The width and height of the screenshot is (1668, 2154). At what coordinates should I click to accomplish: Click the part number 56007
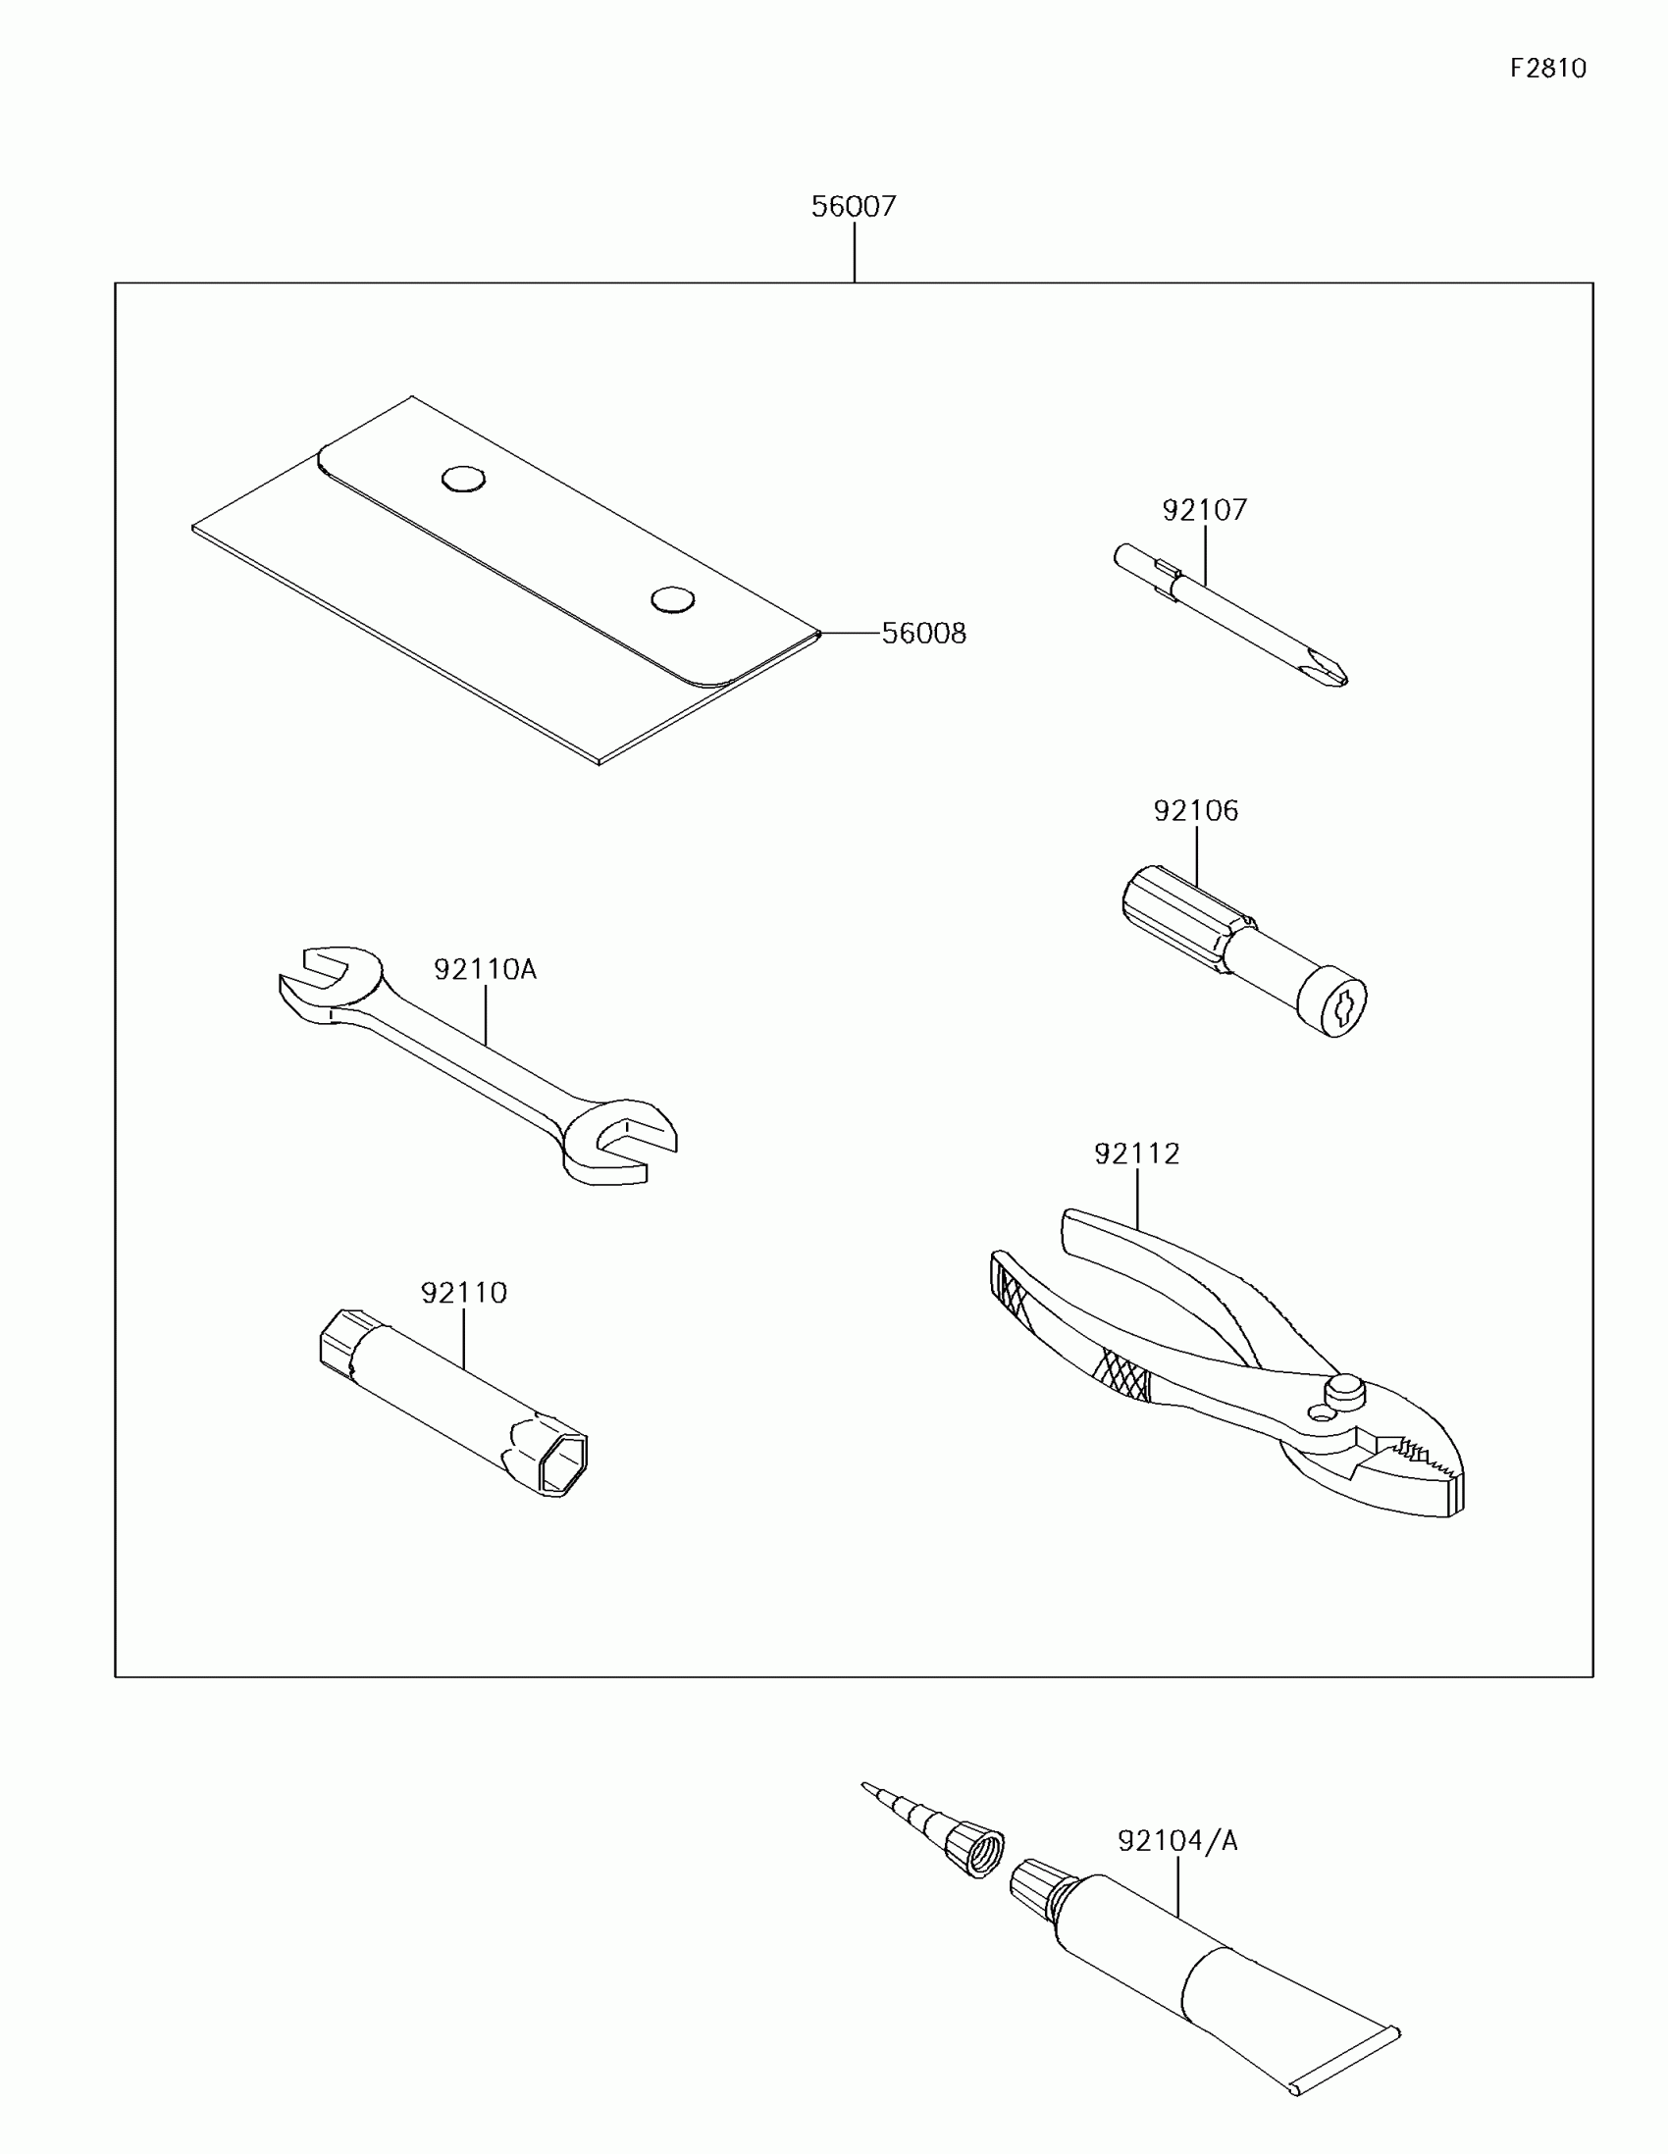[854, 206]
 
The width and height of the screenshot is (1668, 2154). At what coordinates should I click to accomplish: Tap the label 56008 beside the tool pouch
[923, 634]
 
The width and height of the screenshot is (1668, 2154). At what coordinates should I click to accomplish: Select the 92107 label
[1204, 510]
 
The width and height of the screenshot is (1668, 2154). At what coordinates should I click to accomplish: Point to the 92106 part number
[1195, 811]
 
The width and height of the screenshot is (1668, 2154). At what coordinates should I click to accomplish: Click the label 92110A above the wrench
[486, 969]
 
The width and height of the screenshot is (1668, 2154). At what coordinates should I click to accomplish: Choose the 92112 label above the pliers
[1136, 1153]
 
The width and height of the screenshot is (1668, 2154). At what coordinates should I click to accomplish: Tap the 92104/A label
[1176, 1840]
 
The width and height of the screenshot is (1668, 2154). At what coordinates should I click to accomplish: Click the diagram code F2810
[1547, 68]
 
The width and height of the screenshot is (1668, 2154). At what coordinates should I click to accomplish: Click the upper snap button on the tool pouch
[462, 480]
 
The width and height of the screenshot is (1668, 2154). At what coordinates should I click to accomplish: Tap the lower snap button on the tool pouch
[673, 598]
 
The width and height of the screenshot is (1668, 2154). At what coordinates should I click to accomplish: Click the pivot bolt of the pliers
[1343, 1391]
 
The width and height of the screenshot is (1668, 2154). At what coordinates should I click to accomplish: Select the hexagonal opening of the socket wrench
[563, 1462]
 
